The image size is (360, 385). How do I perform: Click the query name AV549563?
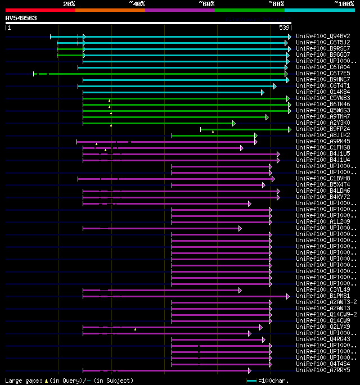pyautogui.click(x=21, y=18)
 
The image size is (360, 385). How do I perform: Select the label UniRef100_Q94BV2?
pyautogui.click(x=323, y=37)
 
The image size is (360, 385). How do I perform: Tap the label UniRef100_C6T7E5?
pyautogui.click(x=323, y=74)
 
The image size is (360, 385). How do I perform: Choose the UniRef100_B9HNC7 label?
pyautogui.click(x=323, y=80)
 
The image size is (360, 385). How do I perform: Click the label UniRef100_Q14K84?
pyautogui.click(x=323, y=92)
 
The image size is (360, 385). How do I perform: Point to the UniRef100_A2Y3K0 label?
pyautogui.click(x=323, y=123)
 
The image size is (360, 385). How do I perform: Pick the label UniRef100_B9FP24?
pyautogui.click(x=323, y=129)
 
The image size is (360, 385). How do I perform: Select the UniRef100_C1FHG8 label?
pyautogui.click(x=323, y=148)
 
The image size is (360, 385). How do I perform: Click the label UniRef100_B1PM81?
pyautogui.click(x=323, y=296)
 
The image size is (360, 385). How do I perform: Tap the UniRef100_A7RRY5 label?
pyautogui.click(x=323, y=370)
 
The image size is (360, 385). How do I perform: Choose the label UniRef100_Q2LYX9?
pyautogui.click(x=323, y=327)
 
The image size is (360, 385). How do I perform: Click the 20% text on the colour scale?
pyautogui.click(x=69, y=4)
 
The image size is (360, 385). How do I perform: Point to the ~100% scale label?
pyautogui.click(x=344, y=4)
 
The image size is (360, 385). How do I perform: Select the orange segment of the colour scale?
pyautogui.click(x=110, y=10)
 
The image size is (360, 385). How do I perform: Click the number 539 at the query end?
pyautogui.click(x=284, y=28)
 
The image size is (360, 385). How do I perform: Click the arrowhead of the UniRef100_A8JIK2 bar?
pyautogui.click(x=256, y=135)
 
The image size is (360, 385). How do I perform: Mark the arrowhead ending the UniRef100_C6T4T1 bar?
pyautogui.click(x=274, y=86)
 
